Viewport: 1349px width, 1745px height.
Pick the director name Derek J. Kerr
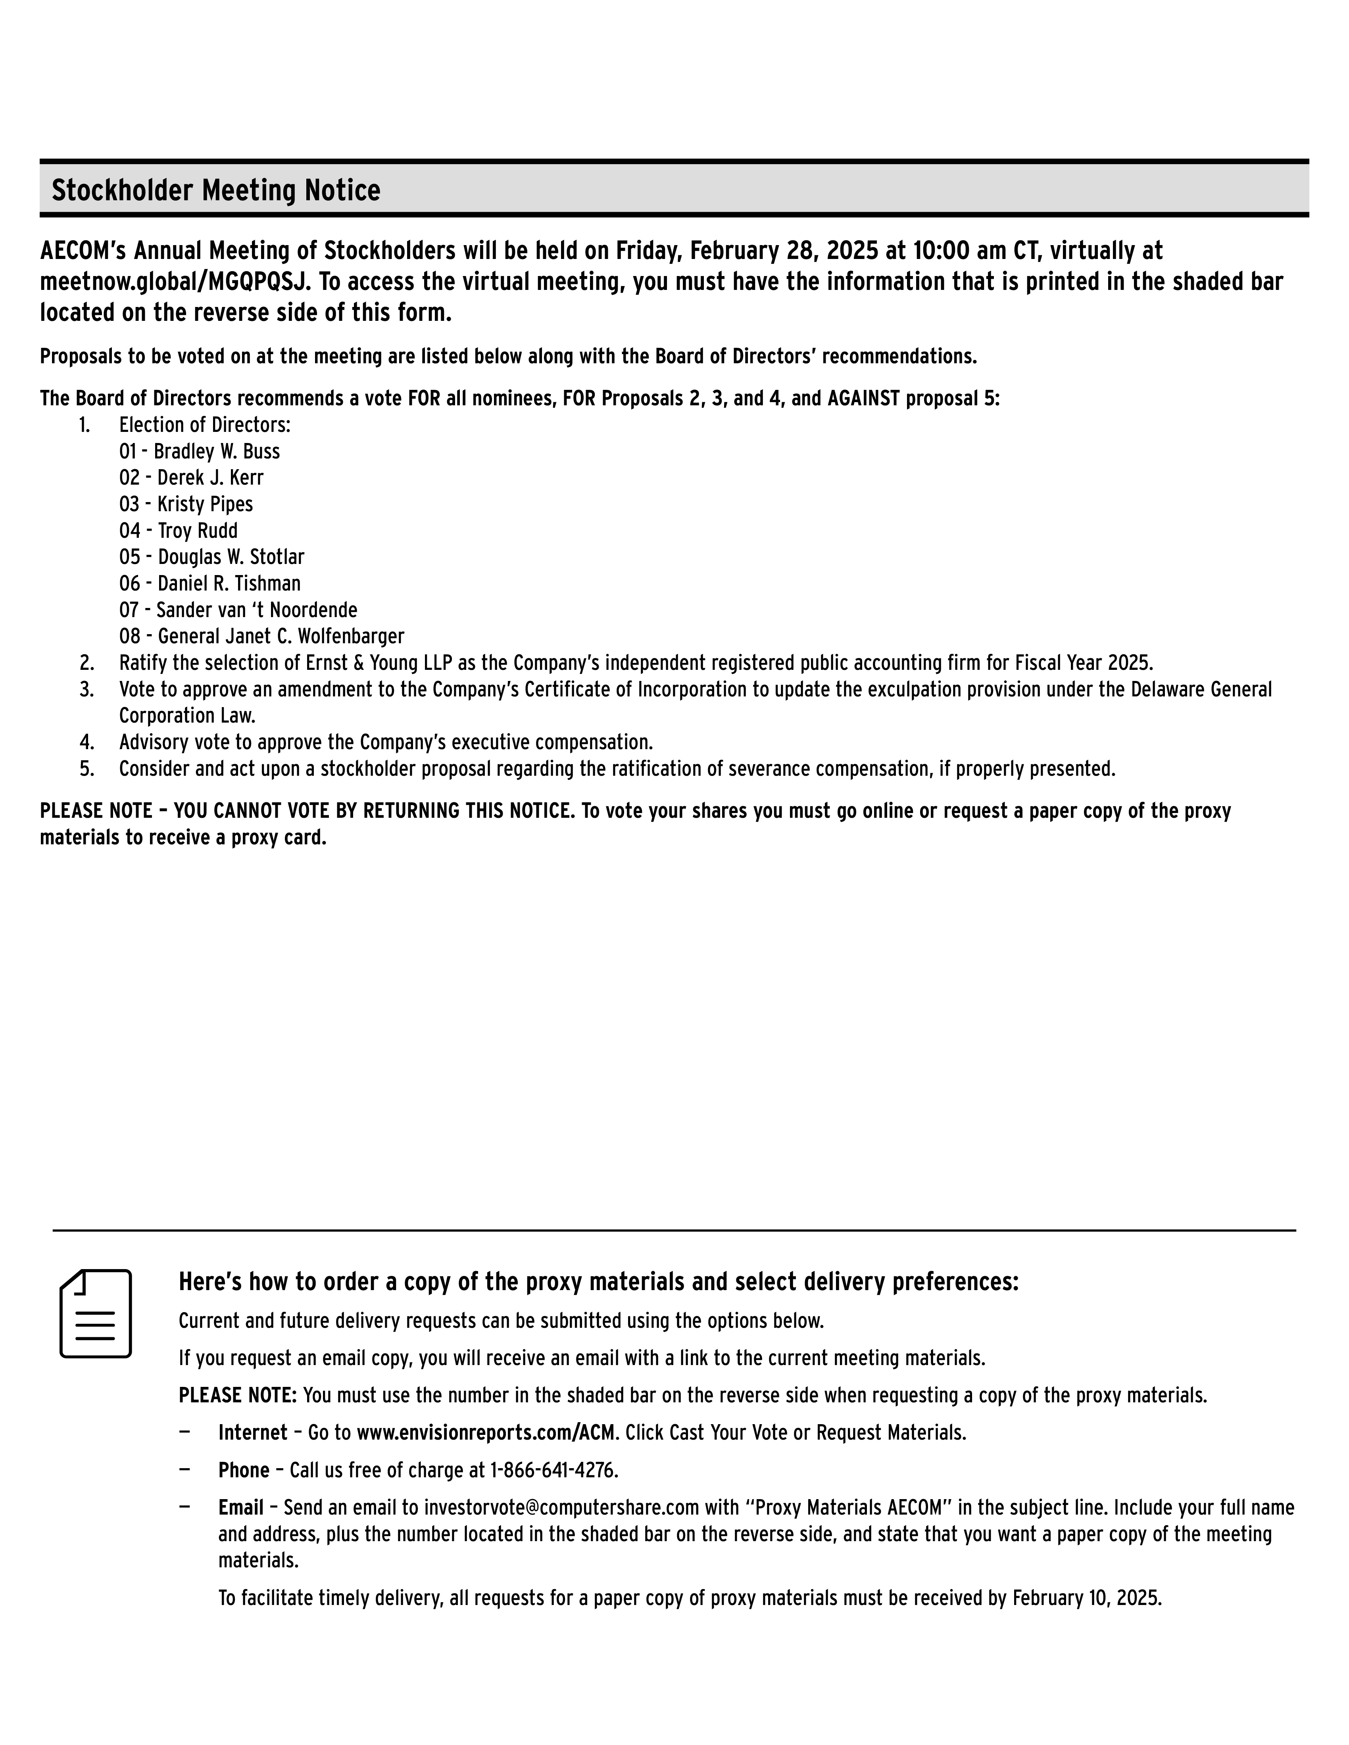tap(210, 478)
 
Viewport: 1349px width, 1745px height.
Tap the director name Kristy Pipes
tap(205, 504)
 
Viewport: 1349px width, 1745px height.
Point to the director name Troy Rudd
tap(198, 531)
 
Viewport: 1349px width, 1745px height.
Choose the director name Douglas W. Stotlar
tap(231, 557)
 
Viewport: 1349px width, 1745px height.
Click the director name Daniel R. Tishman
tap(229, 583)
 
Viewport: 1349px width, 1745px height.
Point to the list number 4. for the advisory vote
tap(86, 742)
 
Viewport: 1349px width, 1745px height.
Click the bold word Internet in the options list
tap(252, 1432)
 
